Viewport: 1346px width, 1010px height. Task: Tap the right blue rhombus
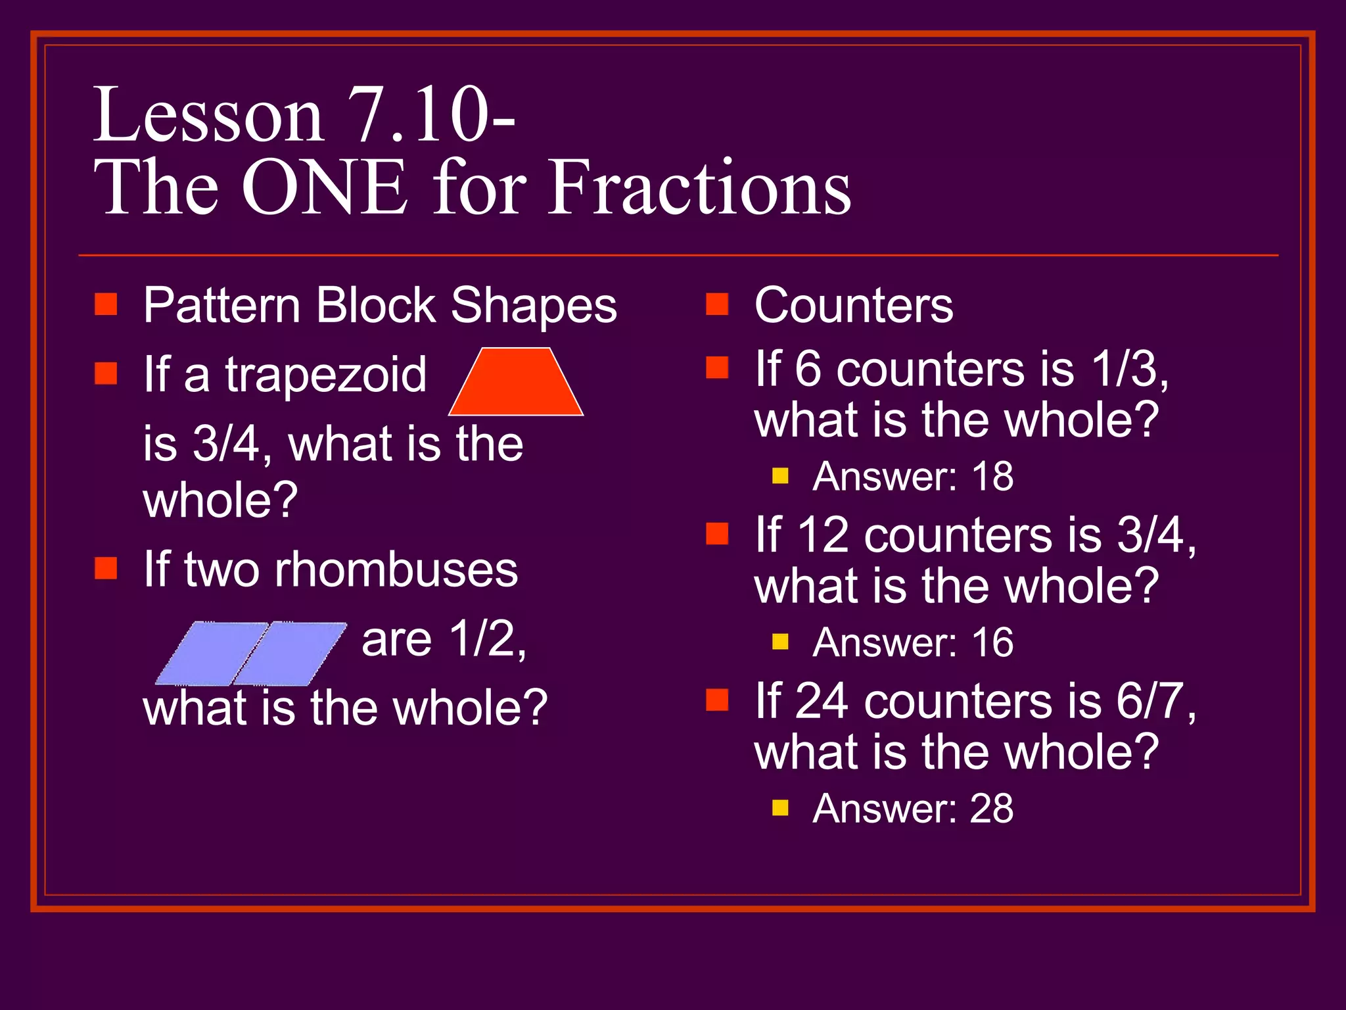tap(289, 653)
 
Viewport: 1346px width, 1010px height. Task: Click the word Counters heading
tap(853, 306)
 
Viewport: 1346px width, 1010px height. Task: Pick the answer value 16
tap(992, 642)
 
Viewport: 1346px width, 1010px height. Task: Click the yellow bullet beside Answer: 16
tap(780, 641)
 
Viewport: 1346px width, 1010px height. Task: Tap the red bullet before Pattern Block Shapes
tap(106, 304)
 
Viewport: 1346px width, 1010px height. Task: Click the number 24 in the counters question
tap(821, 701)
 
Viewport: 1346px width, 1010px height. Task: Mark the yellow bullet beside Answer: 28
tap(780, 807)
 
